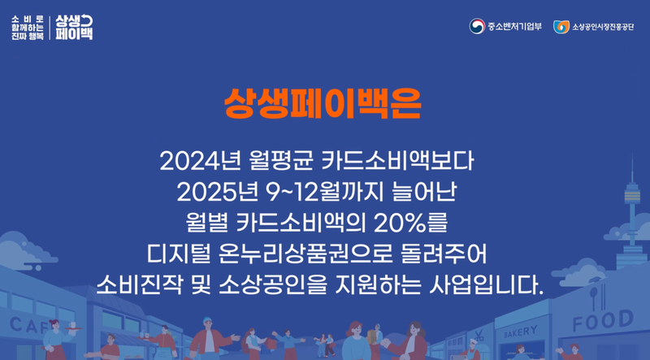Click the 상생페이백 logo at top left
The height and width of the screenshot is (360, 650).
[x=76, y=27]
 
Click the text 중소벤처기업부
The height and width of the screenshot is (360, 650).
[x=514, y=27]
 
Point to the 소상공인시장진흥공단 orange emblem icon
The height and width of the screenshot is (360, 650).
[x=561, y=27]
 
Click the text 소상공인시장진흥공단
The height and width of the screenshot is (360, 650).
[x=603, y=27]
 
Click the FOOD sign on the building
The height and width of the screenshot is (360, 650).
[x=602, y=323]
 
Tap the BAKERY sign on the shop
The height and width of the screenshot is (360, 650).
[x=520, y=331]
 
